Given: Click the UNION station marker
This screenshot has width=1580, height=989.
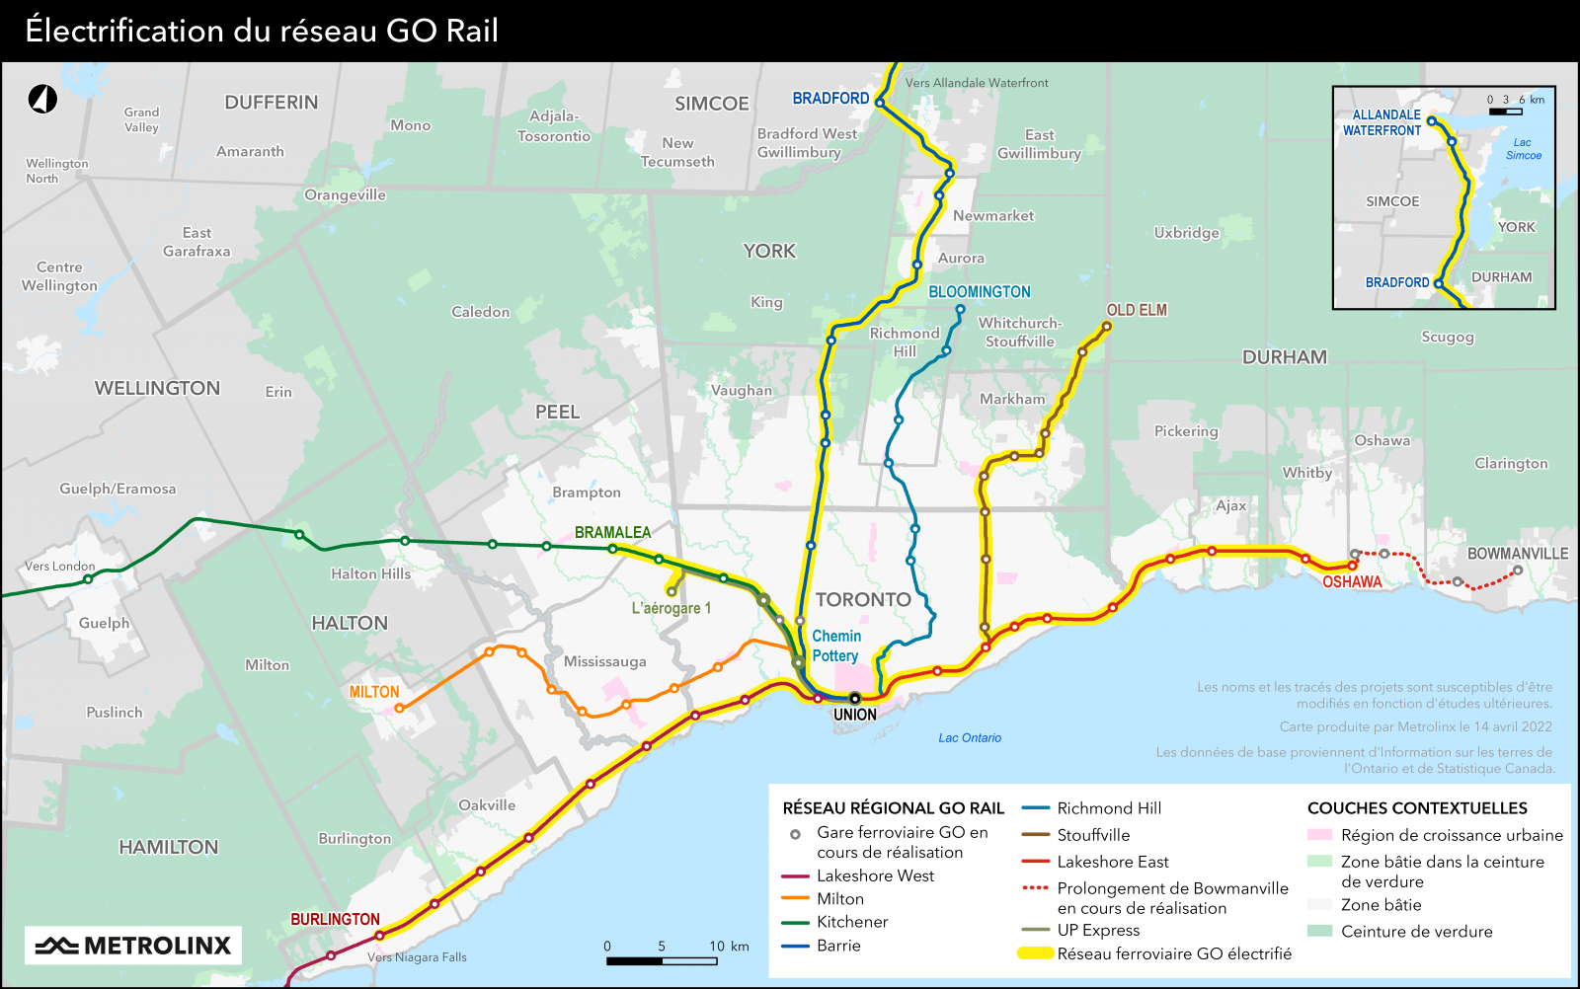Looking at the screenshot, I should pyautogui.click(x=855, y=699).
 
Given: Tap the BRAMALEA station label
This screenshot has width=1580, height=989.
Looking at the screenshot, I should pyautogui.click(x=612, y=532).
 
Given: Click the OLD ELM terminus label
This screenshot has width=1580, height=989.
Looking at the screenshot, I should pyautogui.click(x=1136, y=310).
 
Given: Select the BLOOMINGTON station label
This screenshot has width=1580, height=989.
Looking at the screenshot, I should pyautogui.click(x=979, y=292).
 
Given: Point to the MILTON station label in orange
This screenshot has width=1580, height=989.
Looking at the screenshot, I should pyautogui.click(x=374, y=692).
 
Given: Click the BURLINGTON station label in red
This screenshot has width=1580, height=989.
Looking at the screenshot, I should pyautogui.click(x=335, y=919).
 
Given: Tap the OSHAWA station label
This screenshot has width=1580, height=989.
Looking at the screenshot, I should pyautogui.click(x=1352, y=582).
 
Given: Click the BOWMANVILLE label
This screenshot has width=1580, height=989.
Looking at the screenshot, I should pyautogui.click(x=1517, y=554).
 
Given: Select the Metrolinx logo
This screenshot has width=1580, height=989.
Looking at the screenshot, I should pyautogui.click(x=133, y=946).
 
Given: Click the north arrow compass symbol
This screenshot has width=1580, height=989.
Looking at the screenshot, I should pyautogui.click(x=42, y=99).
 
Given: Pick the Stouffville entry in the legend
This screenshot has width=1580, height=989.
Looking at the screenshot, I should pyautogui.click(x=1093, y=835).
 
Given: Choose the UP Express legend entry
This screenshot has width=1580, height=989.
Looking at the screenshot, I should pyautogui.click(x=1098, y=930).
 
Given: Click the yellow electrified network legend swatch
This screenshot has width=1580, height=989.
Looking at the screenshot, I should pyautogui.click(x=1035, y=953).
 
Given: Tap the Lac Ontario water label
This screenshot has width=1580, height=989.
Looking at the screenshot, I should pyautogui.click(x=969, y=738).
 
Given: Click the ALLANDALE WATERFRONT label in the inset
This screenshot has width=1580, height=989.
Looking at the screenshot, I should pyautogui.click(x=1382, y=122).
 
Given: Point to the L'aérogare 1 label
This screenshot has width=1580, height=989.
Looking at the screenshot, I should pyautogui.click(x=671, y=608).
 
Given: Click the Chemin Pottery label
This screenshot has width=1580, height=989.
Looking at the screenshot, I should pyautogui.click(x=835, y=646).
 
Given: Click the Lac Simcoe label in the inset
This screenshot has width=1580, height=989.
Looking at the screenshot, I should pyautogui.click(x=1523, y=149).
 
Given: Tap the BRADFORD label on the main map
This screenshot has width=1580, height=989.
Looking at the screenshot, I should pyautogui.click(x=830, y=99).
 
